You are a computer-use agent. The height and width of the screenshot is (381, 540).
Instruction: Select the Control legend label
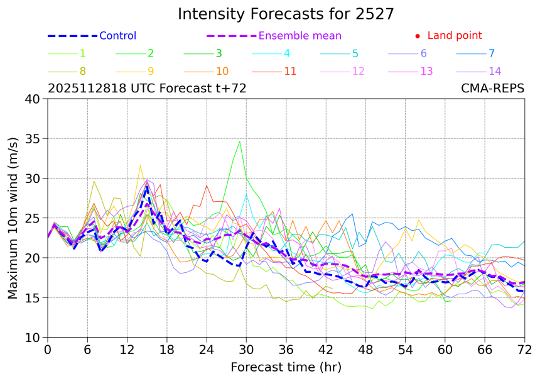tap(117, 36)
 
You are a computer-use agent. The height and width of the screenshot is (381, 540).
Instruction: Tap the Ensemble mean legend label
tap(300, 36)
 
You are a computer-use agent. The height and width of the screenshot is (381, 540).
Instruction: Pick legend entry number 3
tap(219, 53)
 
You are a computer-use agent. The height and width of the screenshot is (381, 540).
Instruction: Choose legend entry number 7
tap(492, 53)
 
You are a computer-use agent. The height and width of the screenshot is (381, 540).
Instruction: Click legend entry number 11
tap(290, 71)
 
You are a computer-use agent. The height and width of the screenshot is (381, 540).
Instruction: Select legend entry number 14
tap(495, 71)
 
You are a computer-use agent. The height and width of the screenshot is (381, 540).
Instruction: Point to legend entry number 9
tap(151, 71)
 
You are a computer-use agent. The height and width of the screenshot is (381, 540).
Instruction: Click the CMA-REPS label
tap(492, 89)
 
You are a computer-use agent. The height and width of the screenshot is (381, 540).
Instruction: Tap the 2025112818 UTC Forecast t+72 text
tap(147, 89)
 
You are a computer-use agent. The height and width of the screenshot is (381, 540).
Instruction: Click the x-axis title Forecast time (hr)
tap(286, 367)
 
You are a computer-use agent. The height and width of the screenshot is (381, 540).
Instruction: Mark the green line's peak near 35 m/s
tap(240, 141)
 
